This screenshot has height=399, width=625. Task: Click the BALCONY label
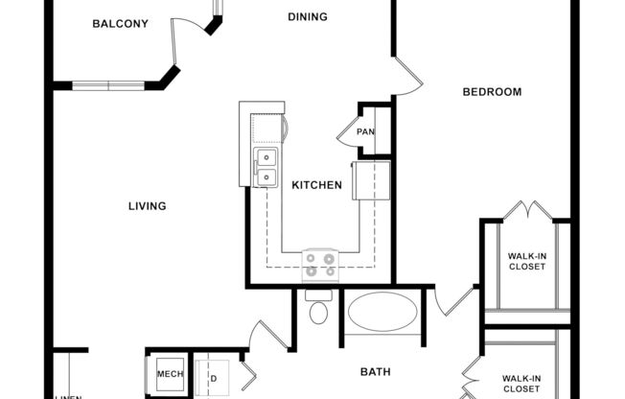[x=120, y=24]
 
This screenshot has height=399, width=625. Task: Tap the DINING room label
[x=307, y=16]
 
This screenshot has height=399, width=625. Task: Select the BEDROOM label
[x=492, y=92]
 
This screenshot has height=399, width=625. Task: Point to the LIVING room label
[x=148, y=205]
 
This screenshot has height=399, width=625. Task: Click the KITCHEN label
[x=316, y=184]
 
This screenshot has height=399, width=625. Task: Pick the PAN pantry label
[x=365, y=132]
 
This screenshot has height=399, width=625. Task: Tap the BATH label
[x=375, y=371]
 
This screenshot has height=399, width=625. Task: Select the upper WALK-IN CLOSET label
[x=526, y=260]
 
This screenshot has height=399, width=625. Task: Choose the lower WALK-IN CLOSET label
[x=526, y=384]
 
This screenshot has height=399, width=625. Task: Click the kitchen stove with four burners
[x=320, y=264]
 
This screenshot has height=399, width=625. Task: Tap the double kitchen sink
[x=265, y=166]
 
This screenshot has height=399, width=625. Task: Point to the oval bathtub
[x=382, y=312]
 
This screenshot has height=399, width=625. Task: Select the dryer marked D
[x=212, y=377]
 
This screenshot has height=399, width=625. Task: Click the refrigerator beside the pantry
[x=372, y=180]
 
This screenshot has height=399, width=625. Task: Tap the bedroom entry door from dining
[x=405, y=77]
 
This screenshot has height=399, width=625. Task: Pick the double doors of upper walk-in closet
[x=526, y=210]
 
